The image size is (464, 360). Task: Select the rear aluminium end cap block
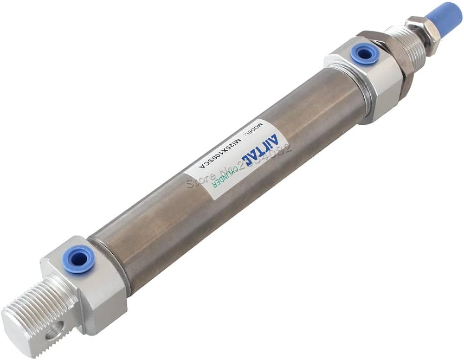[x=88, y=283]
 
